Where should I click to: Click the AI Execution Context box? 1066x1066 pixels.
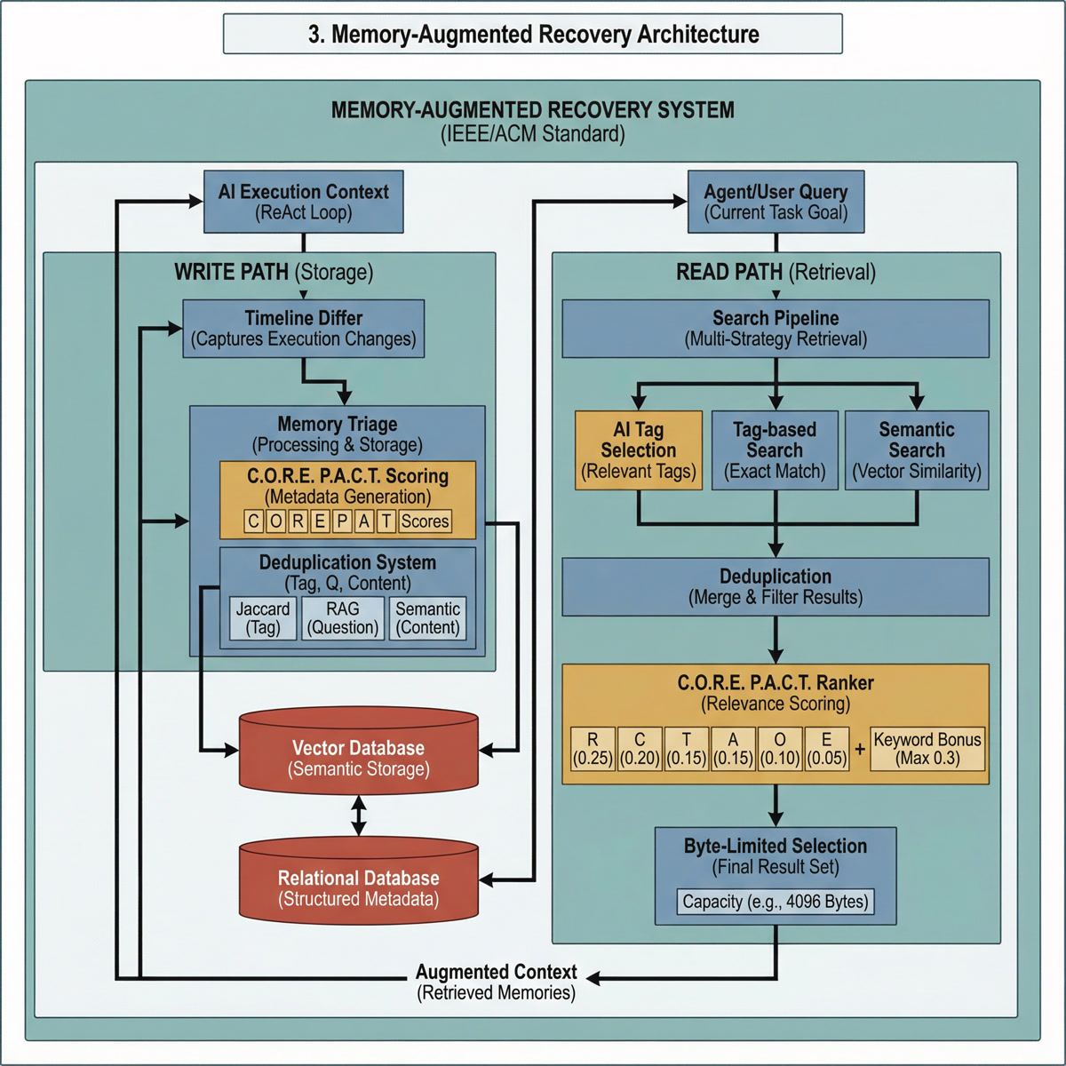coord(304,202)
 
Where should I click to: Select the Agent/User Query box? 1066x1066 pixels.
coord(776,202)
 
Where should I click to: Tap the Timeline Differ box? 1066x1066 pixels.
coord(304,329)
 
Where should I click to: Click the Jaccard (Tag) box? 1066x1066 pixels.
coord(263,618)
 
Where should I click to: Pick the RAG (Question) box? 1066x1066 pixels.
coord(343,618)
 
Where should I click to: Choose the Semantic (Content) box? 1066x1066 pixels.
coord(428,618)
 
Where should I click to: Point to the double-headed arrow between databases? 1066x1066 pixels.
coord(359,815)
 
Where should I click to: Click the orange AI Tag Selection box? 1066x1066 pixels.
coord(639,450)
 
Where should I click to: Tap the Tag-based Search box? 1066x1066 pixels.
coord(775,450)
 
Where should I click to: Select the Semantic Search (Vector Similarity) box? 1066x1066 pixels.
coord(917,450)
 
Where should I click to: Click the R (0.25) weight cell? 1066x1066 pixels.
coord(593,749)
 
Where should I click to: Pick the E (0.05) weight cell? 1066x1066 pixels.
coord(827,749)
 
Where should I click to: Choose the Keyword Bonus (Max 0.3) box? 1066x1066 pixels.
coord(927,749)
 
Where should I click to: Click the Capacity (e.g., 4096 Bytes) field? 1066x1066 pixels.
coord(776,902)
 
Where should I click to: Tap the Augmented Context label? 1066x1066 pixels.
coord(497,982)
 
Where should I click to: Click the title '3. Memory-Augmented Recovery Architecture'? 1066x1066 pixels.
coord(533,35)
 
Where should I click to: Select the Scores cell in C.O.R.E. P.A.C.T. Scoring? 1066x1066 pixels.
coord(425,521)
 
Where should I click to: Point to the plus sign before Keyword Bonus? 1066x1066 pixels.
coord(860,749)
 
